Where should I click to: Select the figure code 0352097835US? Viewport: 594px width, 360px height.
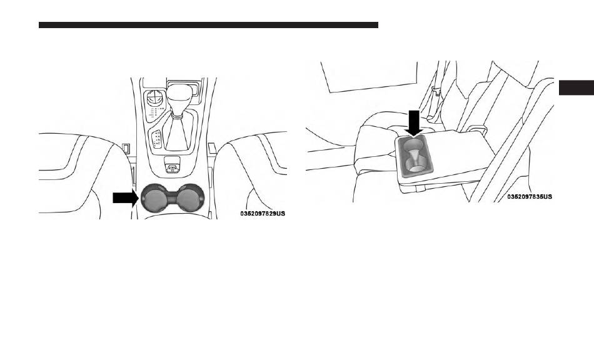point(529,196)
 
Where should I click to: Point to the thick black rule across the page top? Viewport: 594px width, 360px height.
point(208,25)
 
